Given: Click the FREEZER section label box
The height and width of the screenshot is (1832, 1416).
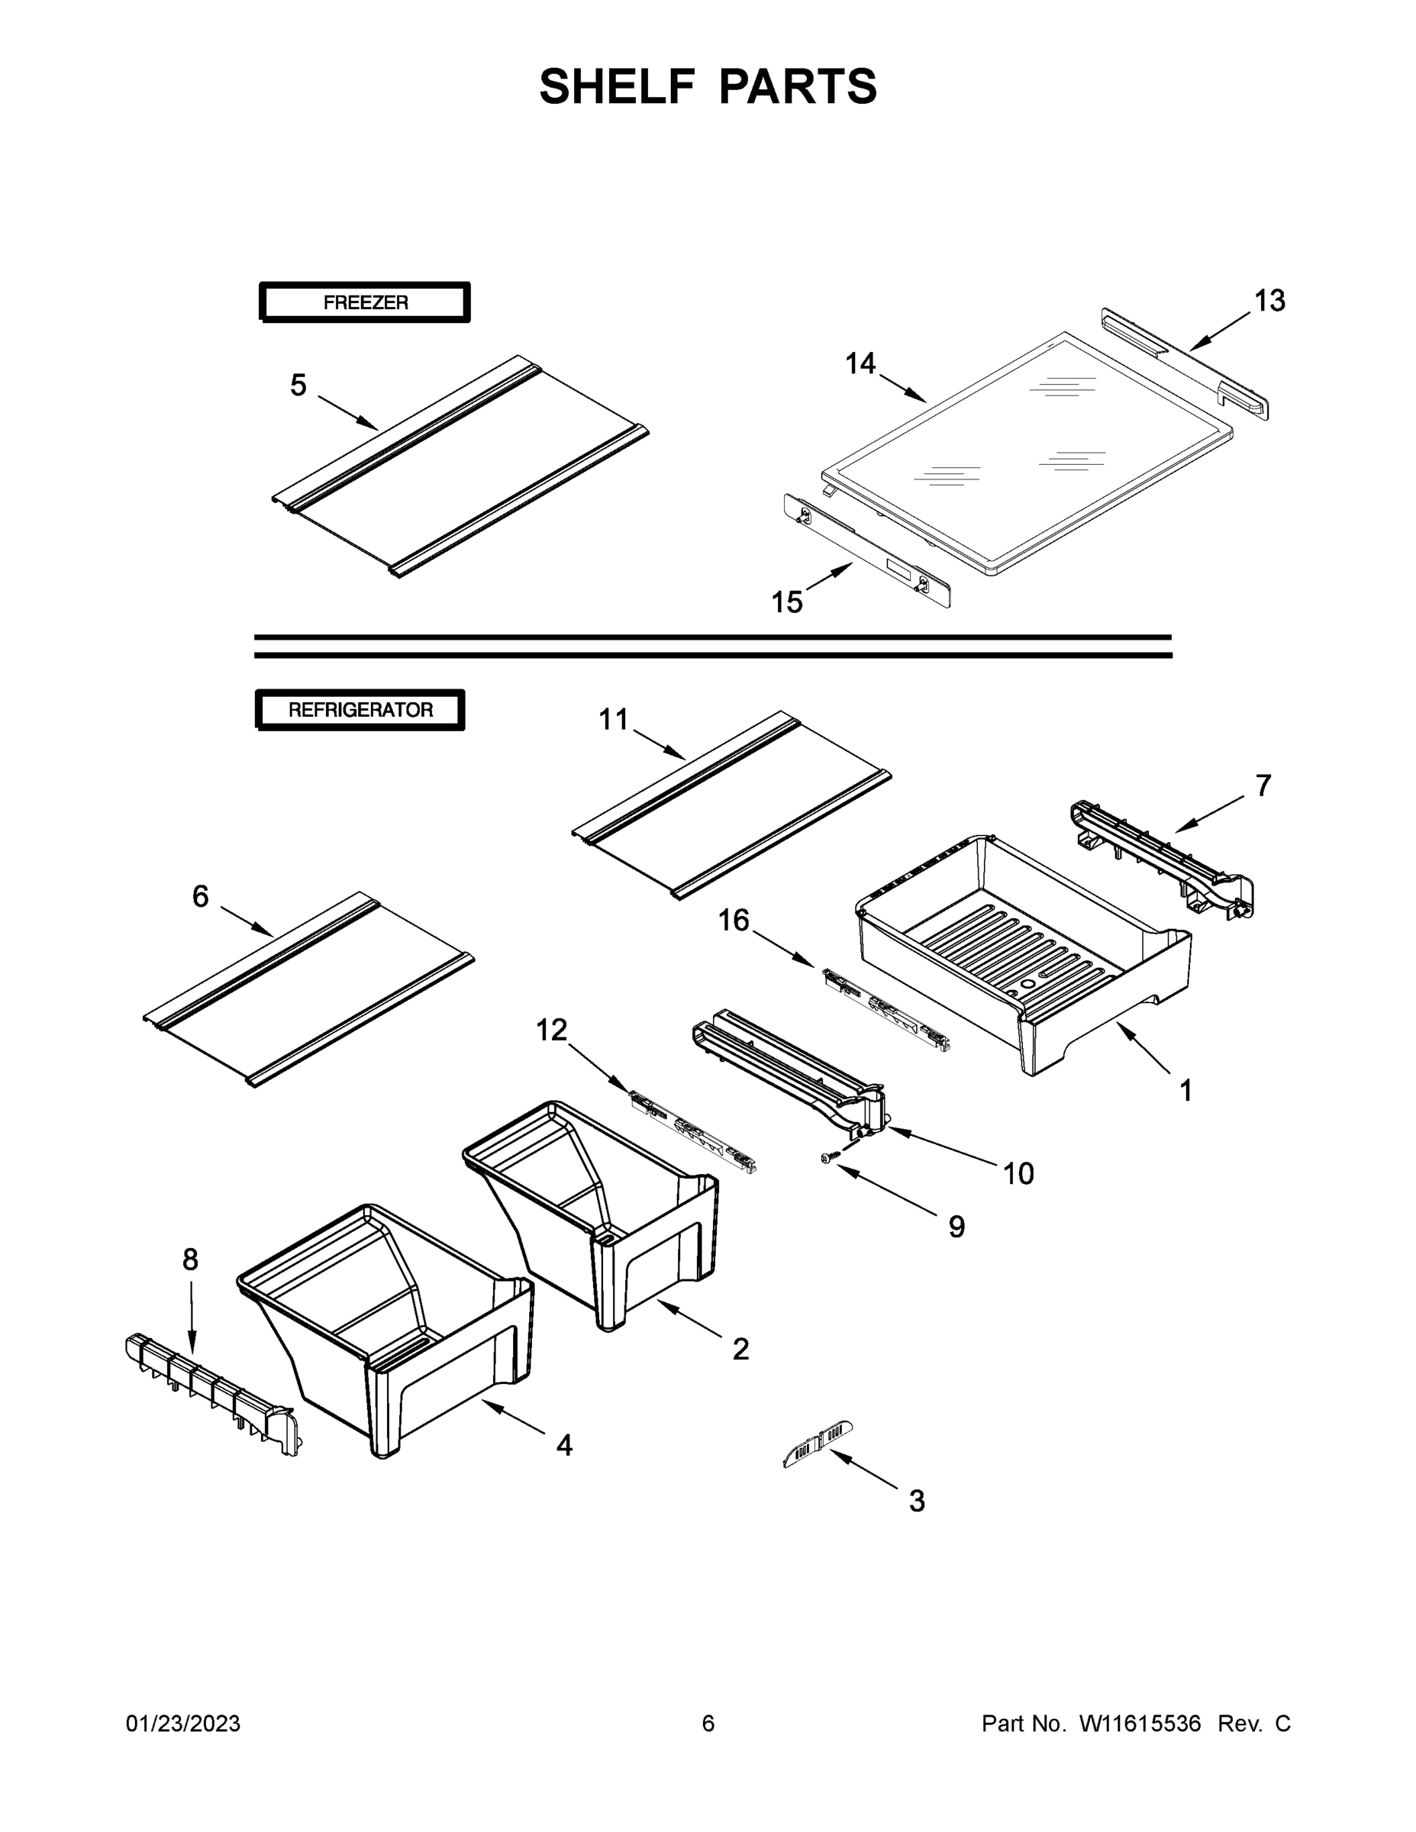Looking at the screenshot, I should pos(365,303).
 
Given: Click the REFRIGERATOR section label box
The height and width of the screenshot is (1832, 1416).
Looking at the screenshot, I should pos(360,710).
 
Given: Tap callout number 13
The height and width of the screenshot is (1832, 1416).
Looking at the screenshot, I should pos(1269,300).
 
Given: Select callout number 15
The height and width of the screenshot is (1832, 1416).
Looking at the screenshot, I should pos(787,602).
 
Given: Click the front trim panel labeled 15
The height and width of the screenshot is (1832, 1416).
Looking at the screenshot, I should pos(866,550).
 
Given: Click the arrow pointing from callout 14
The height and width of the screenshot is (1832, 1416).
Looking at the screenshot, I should pos(904,389).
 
